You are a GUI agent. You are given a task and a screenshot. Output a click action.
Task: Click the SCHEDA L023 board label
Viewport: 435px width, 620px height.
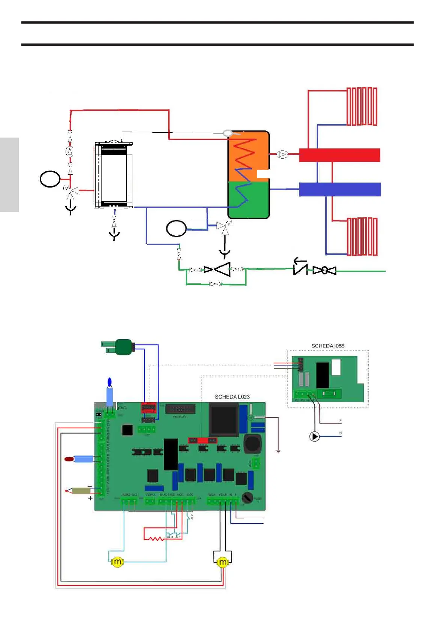232,397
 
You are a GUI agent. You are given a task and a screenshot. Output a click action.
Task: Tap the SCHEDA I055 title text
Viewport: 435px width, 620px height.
327,346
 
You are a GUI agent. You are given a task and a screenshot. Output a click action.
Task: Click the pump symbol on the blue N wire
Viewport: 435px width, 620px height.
314,436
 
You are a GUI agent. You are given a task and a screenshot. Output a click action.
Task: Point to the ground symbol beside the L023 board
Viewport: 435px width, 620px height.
278,451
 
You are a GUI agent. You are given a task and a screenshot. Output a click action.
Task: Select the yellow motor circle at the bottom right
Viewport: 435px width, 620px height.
223,562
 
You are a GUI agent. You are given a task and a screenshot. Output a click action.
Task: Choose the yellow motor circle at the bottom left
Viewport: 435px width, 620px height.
117,562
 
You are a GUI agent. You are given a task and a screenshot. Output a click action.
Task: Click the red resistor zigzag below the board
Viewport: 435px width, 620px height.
156,539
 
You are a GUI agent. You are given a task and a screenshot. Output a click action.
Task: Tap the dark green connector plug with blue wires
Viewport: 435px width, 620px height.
124,347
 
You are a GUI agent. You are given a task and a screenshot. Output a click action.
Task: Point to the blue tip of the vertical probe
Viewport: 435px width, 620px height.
109,382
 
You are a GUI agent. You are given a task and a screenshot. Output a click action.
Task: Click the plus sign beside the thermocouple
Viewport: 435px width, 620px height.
90,498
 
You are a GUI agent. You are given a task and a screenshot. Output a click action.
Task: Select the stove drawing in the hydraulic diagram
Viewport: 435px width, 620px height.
114,174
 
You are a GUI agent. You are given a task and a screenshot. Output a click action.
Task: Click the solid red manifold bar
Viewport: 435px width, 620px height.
339,155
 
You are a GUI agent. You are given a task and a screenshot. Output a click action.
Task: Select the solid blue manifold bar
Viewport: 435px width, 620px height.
340,189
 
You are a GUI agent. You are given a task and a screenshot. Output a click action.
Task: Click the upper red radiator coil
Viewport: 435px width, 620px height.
362,106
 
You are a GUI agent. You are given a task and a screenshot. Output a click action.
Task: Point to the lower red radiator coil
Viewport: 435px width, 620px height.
362,237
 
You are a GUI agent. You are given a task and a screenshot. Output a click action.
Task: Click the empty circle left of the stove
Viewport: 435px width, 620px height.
50,179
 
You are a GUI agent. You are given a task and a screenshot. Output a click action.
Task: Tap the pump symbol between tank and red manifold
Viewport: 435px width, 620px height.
282,154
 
